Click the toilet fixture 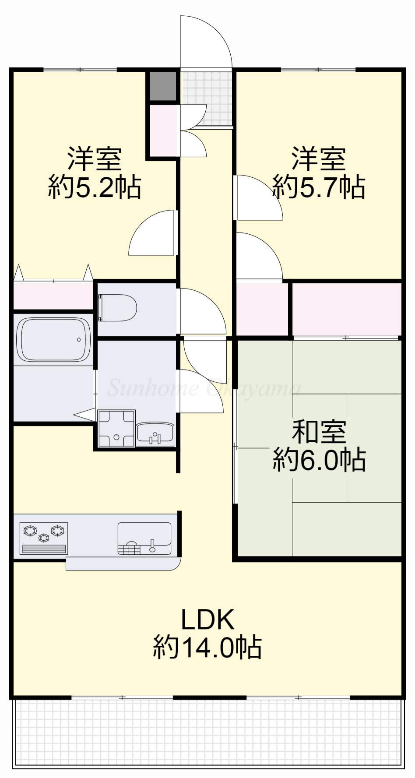point(117,307)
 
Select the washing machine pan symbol point(116,429)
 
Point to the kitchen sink point(144,538)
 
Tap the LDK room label point(207,619)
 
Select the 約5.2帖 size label point(95,187)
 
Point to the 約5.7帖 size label point(319,187)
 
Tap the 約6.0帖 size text point(319,460)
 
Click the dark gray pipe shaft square point(162,85)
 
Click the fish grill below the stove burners point(43,549)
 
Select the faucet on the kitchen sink point(152,546)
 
